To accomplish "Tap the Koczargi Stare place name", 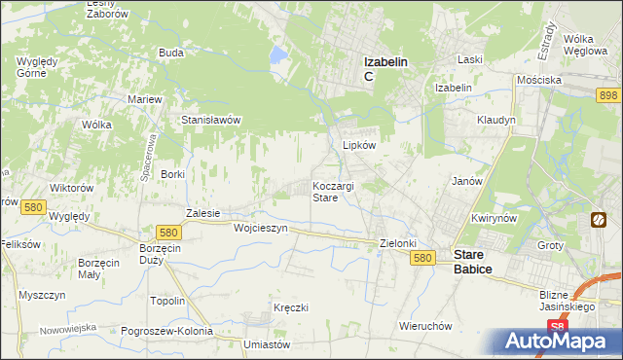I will tap(338, 191).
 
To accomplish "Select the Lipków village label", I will tap(358, 145).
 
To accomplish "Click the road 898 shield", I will tap(609, 94).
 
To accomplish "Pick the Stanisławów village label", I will tap(211, 120).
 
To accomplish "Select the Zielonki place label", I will tap(397, 243).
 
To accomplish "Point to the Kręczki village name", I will tap(291, 307).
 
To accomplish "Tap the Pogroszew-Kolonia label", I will tap(166, 331).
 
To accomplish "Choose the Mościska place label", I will tap(538, 79).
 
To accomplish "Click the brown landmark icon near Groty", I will tap(597, 221).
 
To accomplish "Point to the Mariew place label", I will tap(144, 99).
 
